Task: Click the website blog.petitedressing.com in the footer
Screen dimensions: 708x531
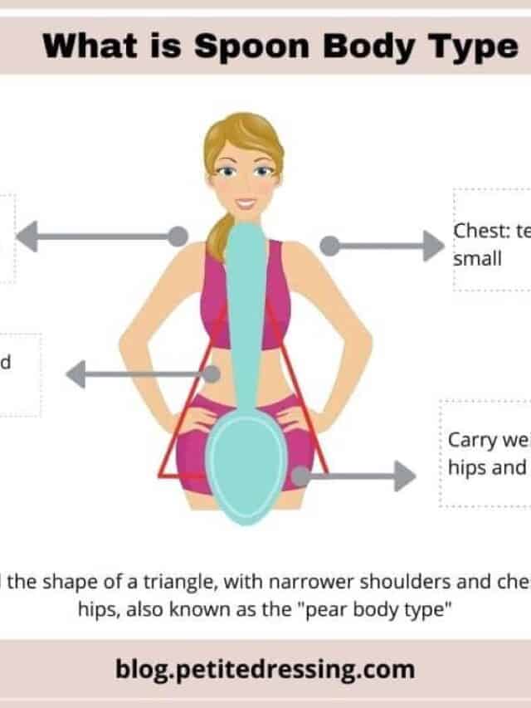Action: click(265, 669)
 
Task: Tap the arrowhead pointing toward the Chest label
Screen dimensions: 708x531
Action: click(432, 246)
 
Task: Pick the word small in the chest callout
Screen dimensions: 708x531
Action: click(478, 258)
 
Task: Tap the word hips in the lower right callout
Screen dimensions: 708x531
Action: click(467, 466)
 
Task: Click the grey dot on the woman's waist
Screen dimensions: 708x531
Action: click(213, 374)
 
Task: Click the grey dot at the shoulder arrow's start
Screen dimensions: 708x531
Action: click(178, 237)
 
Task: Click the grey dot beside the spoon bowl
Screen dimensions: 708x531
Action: click(300, 476)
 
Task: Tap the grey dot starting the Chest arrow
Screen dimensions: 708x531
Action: click(329, 246)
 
